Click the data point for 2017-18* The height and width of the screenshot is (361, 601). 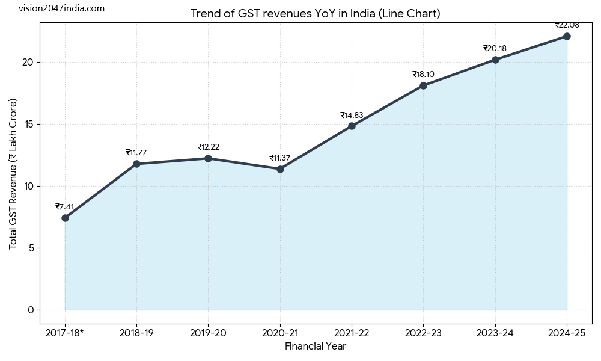[x=65, y=218]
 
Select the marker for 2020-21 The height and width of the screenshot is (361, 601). [x=280, y=169]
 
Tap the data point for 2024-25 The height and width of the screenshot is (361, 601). [x=567, y=36]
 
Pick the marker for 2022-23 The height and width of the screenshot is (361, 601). [x=423, y=85]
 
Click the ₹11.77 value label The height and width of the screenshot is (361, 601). [x=136, y=153]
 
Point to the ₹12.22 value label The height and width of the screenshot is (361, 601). [x=208, y=147]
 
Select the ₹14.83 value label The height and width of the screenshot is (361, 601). [x=352, y=116]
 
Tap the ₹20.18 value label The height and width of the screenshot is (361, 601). [x=495, y=49]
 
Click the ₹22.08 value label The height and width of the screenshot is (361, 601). [x=567, y=25]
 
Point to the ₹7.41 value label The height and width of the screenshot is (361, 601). [x=65, y=207]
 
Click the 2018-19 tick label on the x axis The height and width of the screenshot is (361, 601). [x=136, y=333]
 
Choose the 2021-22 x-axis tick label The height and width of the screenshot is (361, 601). [x=352, y=333]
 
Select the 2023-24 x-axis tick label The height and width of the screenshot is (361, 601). [x=495, y=333]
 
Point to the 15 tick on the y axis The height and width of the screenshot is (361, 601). [x=32, y=125]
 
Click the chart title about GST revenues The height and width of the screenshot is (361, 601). [x=316, y=14]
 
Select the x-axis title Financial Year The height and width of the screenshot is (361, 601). [x=316, y=347]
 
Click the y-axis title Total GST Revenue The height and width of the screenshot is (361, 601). [x=13, y=173]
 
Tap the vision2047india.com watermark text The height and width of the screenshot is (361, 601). [x=61, y=8]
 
